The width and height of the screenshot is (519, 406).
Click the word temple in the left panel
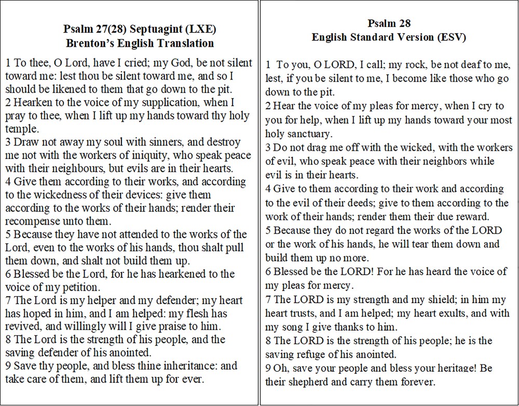click(x=19, y=128)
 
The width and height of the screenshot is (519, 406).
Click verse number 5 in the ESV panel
click(x=268, y=230)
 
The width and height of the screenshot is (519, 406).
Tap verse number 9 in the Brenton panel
click(x=8, y=365)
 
